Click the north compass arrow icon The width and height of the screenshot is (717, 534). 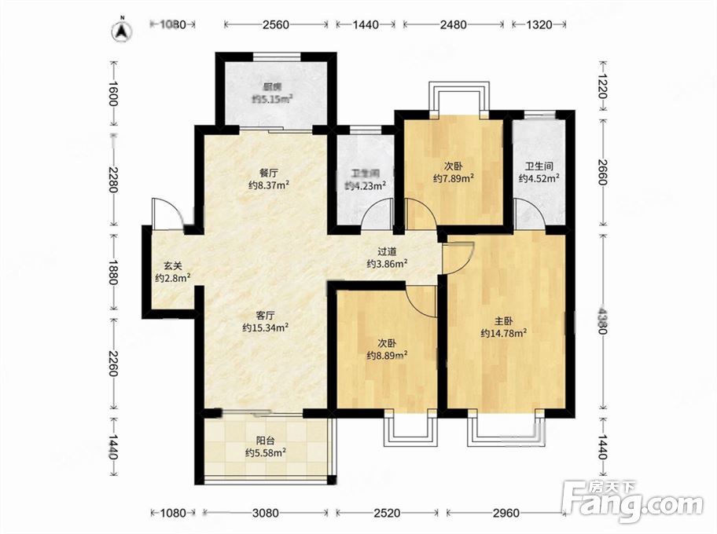[x=122, y=30]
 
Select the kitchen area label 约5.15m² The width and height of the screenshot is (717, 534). [x=273, y=98]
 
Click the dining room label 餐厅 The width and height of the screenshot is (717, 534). [x=269, y=173]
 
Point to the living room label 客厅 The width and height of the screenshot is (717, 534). [x=265, y=316]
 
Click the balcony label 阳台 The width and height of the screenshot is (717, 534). [x=265, y=441]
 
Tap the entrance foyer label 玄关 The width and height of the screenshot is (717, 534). [x=173, y=266]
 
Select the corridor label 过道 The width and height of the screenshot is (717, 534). [x=387, y=252]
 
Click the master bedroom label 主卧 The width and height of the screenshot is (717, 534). [x=503, y=322]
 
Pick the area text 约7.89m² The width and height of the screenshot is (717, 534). [x=453, y=178]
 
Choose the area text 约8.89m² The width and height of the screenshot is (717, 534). [x=387, y=355]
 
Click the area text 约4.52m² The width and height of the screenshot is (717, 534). [x=539, y=178]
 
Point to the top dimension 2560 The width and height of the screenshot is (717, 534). [x=276, y=24]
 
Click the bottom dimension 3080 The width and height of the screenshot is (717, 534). [x=265, y=513]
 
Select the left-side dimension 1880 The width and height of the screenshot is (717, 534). [x=113, y=272]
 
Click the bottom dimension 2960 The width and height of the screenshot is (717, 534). [x=506, y=513]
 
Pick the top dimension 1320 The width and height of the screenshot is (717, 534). [x=539, y=24]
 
